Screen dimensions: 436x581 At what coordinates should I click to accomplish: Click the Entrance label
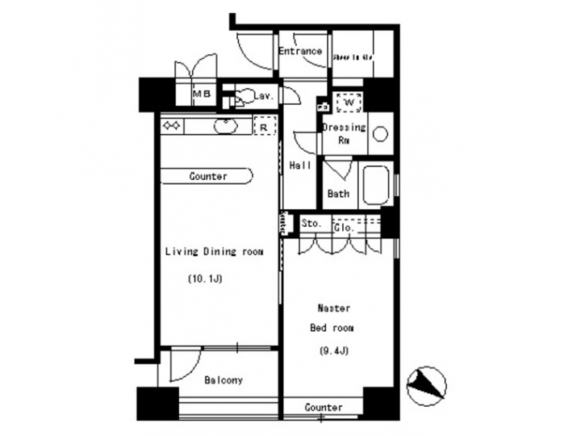click(x=300, y=51)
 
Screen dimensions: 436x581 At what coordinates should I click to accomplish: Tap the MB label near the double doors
click(x=201, y=95)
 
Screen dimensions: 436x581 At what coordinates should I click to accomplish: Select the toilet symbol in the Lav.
click(x=241, y=96)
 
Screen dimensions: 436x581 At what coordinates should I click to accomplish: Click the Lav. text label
click(x=264, y=96)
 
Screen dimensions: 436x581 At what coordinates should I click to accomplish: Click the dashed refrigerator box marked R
click(x=263, y=127)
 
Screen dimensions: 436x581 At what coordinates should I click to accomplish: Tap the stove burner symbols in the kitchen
click(x=173, y=126)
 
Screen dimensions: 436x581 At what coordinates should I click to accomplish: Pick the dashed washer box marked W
click(x=349, y=103)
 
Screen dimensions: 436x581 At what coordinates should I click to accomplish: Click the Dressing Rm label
click(x=344, y=133)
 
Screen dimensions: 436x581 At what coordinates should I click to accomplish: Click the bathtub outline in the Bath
click(x=377, y=186)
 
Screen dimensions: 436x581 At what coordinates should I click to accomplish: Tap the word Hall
click(x=301, y=166)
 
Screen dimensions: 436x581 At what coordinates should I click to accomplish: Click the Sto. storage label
click(x=311, y=224)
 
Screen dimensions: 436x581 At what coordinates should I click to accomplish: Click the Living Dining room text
click(x=215, y=252)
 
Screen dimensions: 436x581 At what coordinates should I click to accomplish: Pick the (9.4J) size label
click(x=332, y=350)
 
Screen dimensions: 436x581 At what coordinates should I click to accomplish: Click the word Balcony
click(x=223, y=379)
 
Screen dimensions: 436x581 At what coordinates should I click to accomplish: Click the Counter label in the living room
click(x=208, y=176)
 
